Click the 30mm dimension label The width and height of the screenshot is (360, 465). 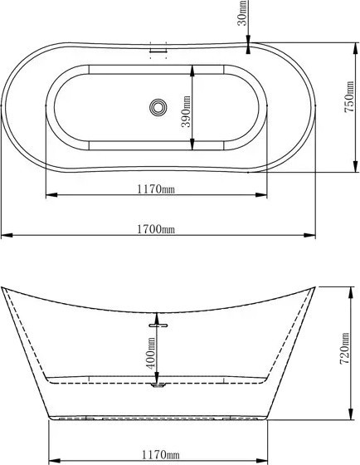(242, 12)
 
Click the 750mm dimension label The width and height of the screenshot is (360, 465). (349, 96)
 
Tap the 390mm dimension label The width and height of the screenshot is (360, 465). (186, 111)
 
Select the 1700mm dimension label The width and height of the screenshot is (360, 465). (156, 229)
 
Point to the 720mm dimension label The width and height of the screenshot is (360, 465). (344, 349)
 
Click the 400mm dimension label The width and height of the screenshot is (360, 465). (151, 353)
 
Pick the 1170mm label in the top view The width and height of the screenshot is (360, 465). (156, 189)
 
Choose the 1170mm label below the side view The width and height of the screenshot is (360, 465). (161, 454)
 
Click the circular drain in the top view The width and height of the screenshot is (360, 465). (158, 107)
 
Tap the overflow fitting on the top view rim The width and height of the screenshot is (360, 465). (158, 50)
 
